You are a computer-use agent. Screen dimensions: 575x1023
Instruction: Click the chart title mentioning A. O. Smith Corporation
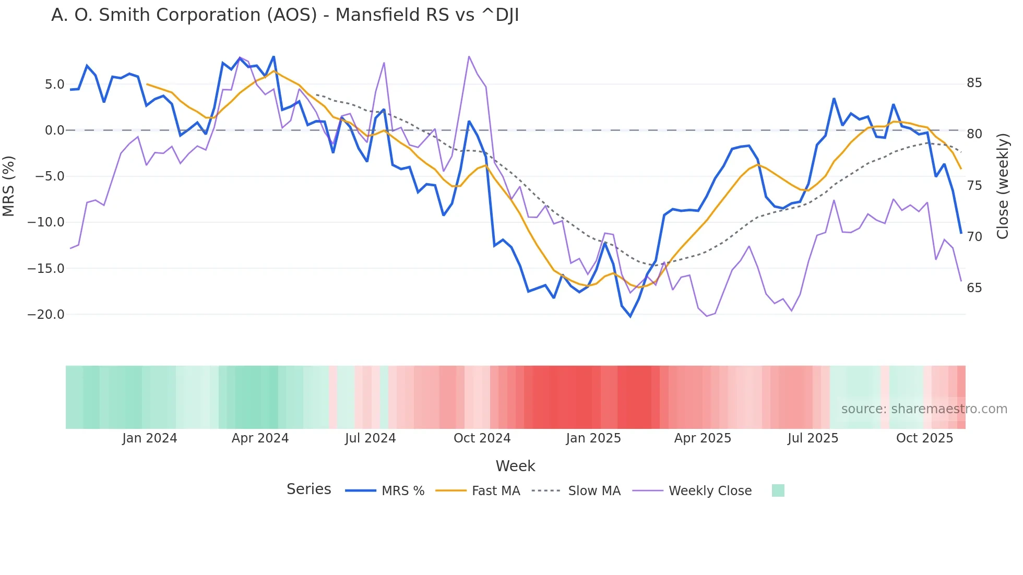[x=285, y=15]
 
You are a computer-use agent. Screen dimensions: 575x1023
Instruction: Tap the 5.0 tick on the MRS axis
[x=54, y=85]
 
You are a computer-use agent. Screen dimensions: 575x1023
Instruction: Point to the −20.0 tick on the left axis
[x=46, y=315]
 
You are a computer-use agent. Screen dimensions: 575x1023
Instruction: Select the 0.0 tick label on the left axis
[x=54, y=130]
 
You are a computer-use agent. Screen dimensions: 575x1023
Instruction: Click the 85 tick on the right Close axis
[x=974, y=83]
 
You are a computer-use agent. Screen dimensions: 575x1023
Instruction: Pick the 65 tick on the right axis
[x=974, y=288]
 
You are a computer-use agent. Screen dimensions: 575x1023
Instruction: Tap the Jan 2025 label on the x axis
[x=593, y=438]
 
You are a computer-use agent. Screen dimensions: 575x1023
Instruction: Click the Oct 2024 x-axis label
[x=482, y=438]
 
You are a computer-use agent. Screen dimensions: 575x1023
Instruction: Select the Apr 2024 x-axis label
[x=260, y=438]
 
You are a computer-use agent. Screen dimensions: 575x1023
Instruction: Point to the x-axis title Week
[x=515, y=466]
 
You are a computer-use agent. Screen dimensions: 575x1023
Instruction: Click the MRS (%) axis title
[x=9, y=186]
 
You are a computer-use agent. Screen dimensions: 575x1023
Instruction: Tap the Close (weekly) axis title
[x=1002, y=186]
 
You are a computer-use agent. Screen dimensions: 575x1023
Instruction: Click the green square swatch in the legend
[x=778, y=491]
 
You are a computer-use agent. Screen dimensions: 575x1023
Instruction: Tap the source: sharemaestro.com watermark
[x=924, y=409]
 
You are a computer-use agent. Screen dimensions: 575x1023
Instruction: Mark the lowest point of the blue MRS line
[x=631, y=316]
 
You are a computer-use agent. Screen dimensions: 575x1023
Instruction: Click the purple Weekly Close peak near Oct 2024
[x=469, y=56]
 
